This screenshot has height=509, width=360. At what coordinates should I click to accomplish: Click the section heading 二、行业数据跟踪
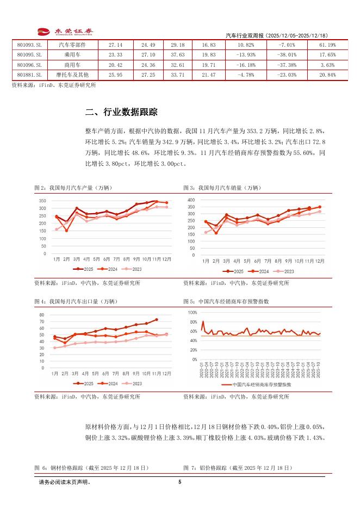pos(121,113)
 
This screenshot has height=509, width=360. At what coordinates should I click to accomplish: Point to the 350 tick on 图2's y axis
pos(42,201)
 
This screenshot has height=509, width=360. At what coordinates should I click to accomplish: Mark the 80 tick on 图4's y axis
pos(42,315)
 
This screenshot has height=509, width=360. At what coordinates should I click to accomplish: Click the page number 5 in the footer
pos(179,482)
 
